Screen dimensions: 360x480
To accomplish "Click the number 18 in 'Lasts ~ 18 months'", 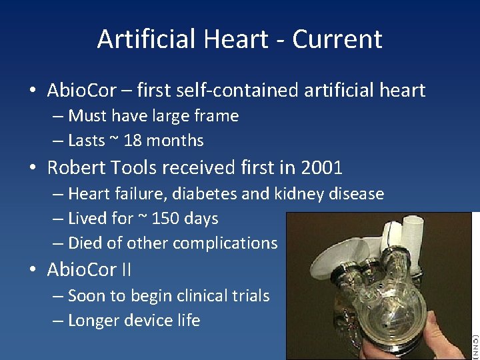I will pos(133,141).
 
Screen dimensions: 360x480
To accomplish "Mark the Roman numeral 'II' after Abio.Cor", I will pos(125,270).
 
